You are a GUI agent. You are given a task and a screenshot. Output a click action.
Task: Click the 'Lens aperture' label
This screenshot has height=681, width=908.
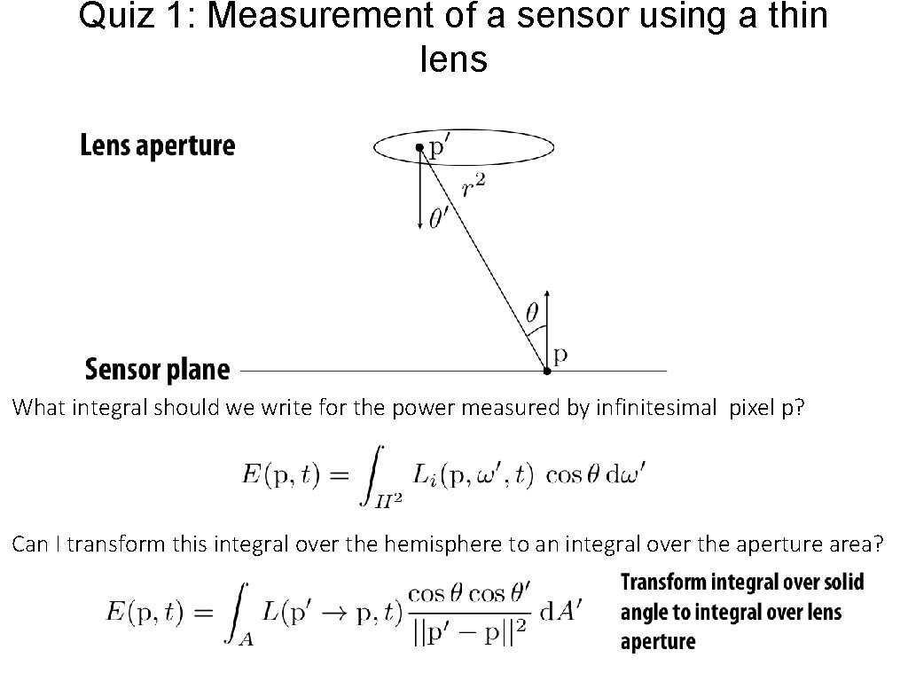pyautogui.click(x=158, y=146)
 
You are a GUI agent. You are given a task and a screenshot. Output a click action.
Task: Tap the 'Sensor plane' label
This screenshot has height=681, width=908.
pyautogui.click(x=157, y=370)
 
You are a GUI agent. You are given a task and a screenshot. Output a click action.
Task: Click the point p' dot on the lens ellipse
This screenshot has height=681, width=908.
pyautogui.click(x=420, y=148)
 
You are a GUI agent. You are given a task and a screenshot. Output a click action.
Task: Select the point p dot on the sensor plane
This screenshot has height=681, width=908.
pyautogui.click(x=546, y=371)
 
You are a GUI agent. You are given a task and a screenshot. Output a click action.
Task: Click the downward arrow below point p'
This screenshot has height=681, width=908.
pyautogui.click(x=420, y=195)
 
